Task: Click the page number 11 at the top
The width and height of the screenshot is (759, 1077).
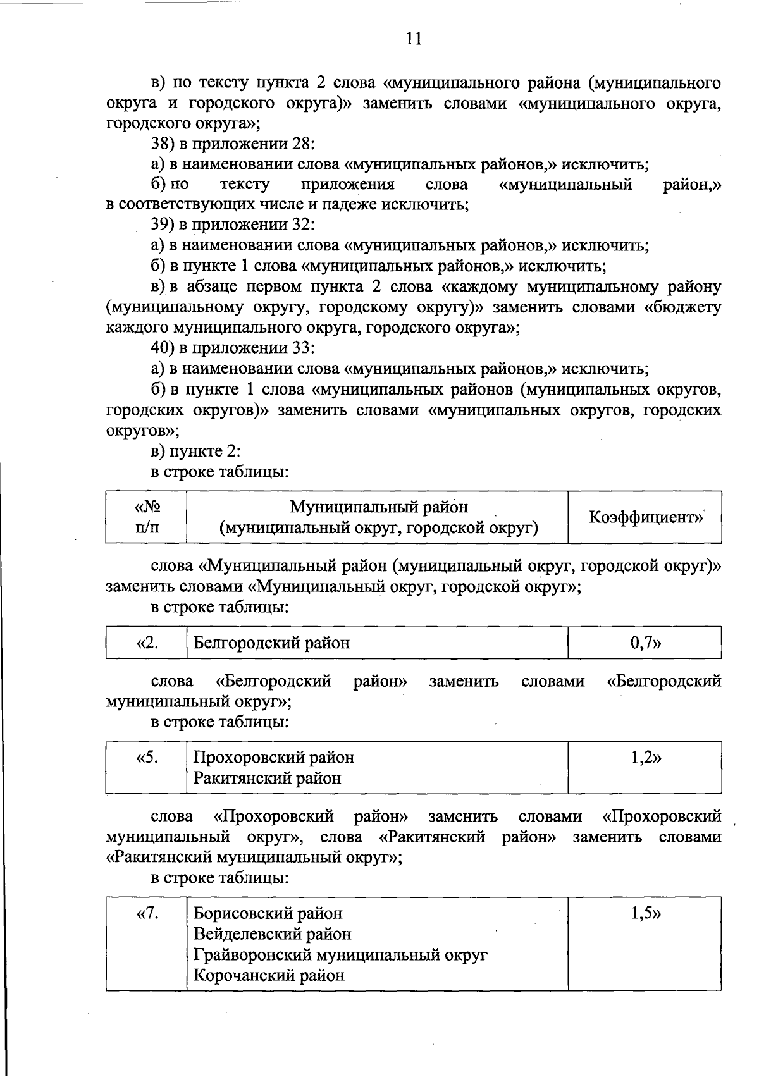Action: coord(413,39)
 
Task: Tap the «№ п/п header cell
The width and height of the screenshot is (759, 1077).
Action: coord(147,517)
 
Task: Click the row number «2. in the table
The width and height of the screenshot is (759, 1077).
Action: coord(147,643)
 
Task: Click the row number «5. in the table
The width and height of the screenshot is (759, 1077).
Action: coord(147,757)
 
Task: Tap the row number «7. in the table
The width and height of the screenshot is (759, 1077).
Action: coord(147,913)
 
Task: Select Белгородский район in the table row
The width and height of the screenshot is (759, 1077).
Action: coord(271,643)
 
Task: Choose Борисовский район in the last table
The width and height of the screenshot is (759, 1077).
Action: coord(268,913)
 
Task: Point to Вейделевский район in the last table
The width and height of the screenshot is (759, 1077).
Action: coord(272,934)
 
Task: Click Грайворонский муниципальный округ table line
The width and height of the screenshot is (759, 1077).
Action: coord(340,954)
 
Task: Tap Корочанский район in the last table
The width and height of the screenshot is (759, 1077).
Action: coord(269,975)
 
